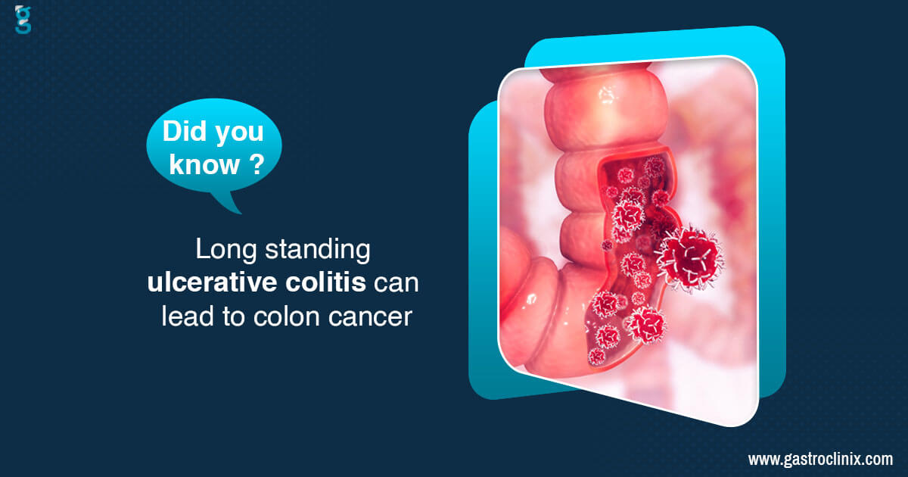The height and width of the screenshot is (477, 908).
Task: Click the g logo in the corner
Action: (x=23, y=19)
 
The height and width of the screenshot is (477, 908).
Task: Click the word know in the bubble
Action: (x=204, y=164)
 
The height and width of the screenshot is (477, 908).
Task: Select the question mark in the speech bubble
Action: (x=257, y=164)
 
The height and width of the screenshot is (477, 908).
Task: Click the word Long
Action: (x=225, y=250)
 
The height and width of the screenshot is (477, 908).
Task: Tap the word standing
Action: (x=317, y=250)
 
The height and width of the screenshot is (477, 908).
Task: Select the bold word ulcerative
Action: (x=213, y=282)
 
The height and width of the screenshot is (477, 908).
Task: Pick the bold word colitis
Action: (x=326, y=282)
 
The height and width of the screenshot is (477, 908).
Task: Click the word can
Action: (x=396, y=283)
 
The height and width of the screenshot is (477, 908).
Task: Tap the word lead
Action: (x=188, y=316)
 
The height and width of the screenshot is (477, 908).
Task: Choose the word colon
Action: (x=287, y=316)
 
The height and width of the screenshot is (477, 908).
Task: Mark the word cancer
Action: (x=370, y=317)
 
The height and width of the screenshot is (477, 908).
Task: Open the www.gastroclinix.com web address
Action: (x=820, y=460)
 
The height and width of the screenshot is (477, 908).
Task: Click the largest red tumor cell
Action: (x=689, y=259)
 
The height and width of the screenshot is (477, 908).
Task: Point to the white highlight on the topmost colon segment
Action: (x=606, y=95)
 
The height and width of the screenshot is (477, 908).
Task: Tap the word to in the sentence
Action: (x=233, y=316)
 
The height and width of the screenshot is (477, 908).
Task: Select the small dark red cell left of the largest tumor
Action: (x=607, y=245)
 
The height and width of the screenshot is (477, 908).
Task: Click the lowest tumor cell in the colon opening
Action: (x=596, y=357)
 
